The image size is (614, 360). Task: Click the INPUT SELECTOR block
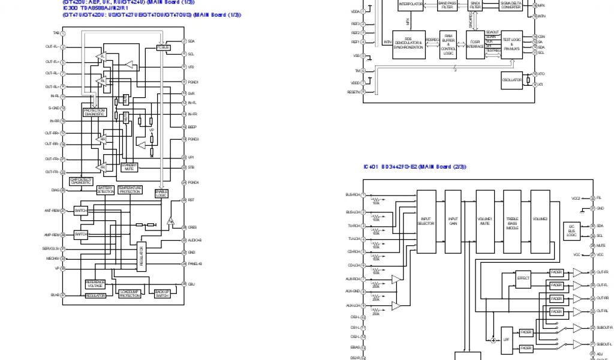click(426, 221)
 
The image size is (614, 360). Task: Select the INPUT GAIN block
click(453, 221)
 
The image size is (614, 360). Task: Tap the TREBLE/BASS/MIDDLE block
click(513, 221)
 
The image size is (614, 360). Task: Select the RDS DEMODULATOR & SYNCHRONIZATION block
click(409, 44)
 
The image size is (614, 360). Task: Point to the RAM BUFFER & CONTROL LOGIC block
click(448, 44)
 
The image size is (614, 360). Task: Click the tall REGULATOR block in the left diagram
click(142, 256)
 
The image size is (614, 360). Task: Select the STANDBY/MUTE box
click(130, 167)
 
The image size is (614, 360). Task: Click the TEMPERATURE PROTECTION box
click(130, 190)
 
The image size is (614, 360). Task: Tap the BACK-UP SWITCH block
click(162, 294)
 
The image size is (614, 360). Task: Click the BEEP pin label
click(192, 127)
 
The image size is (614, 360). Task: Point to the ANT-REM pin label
click(52, 211)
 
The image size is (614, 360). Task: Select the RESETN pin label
click(353, 92)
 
